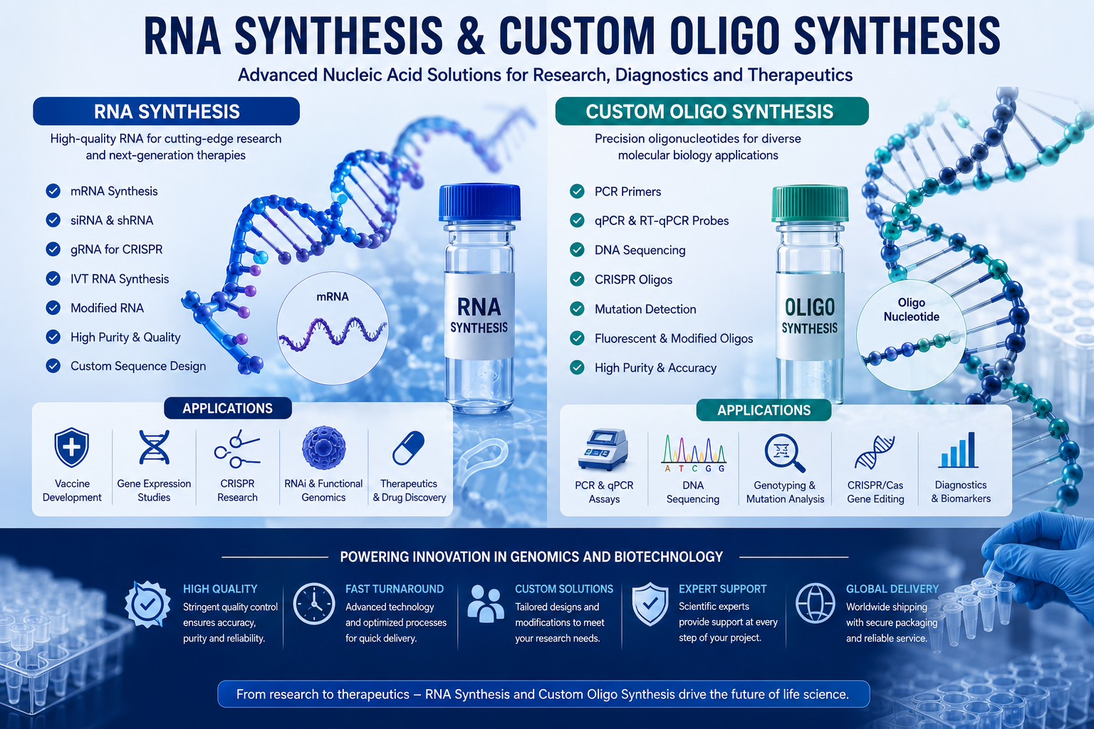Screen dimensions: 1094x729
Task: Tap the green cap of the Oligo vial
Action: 810,204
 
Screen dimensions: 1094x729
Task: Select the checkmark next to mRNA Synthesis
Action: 53,191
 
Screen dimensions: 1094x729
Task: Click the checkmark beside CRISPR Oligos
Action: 578,279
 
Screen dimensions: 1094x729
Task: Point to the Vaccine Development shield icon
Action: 72,448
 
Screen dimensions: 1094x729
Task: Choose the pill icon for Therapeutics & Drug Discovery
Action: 408,448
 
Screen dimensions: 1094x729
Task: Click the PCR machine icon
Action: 603,449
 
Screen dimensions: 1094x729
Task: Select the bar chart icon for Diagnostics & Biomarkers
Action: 958,450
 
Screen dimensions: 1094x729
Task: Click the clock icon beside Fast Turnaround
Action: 314,604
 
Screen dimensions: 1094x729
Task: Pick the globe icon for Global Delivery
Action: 815,603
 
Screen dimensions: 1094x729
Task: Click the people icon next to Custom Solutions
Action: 486,604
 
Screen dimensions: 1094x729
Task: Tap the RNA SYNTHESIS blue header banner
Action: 167,111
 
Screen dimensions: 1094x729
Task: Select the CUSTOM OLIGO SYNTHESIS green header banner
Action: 712,111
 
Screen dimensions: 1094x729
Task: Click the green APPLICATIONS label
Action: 764,410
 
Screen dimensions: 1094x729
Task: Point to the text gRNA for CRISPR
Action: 117,249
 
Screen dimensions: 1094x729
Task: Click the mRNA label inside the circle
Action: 333,296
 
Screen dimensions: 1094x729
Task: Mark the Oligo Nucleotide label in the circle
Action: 912,310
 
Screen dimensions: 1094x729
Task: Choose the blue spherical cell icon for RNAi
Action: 324,448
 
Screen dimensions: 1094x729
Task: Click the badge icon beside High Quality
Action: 147,604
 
